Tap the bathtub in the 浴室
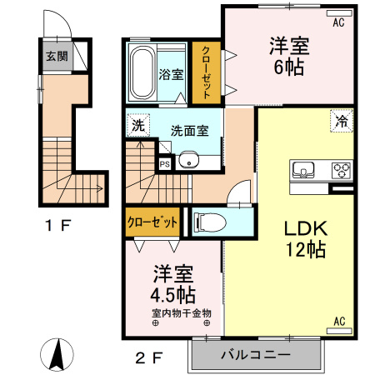point(142,72)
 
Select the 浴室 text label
point(170,73)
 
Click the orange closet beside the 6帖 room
point(206,72)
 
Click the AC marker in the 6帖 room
point(338,23)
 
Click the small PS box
point(164,164)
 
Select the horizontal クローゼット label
point(152,222)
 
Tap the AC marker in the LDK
point(338,321)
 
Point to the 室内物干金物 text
point(181,313)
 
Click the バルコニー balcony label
point(255,355)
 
